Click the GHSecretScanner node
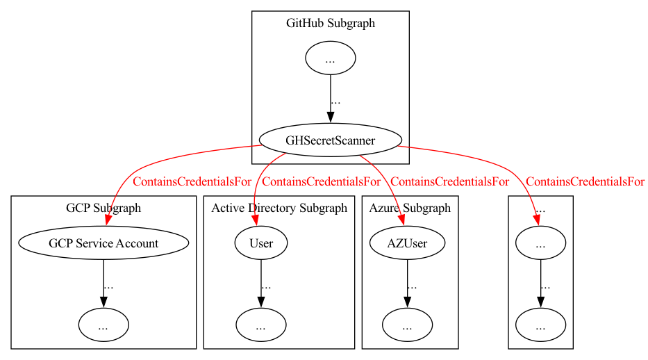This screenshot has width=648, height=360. pyautogui.click(x=330, y=140)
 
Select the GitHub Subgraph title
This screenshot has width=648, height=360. pyautogui.click(x=330, y=24)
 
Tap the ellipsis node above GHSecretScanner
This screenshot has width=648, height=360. pyautogui.click(x=331, y=59)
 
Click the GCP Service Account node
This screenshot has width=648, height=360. pyautogui.click(x=103, y=243)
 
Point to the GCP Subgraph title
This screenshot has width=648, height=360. pyautogui.click(x=103, y=208)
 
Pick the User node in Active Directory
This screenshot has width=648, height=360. pyautogui.click(x=261, y=243)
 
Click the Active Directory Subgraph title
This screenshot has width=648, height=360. pyautogui.click(x=279, y=208)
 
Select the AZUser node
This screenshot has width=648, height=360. pyautogui.click(x=407, y=243)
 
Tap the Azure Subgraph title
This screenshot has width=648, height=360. pyautogui.click(x=410, y=208)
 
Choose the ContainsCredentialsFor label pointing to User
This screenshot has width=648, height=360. pyautogui.click(x=322, y=182)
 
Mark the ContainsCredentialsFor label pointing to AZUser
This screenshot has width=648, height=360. pyautogui.click(x=449, y=182)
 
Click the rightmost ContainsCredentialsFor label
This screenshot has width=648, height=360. pyautogui.click(x=585, y=182)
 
